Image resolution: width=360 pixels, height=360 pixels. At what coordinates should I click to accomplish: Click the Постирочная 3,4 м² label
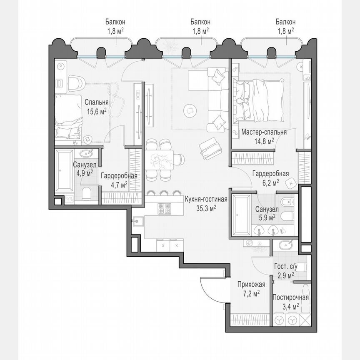tap(290, 302)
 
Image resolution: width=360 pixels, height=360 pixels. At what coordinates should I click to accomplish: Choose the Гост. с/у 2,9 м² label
tap(285, 270)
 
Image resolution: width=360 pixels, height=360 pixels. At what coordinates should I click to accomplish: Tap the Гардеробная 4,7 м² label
tap(119, 180)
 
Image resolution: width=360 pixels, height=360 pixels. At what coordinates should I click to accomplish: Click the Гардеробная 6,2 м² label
tap(270, 178)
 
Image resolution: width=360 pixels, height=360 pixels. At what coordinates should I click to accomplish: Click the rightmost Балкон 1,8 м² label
tap(285, 26)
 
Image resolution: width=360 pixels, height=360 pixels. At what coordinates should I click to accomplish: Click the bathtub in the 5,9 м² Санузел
tap(240, 215)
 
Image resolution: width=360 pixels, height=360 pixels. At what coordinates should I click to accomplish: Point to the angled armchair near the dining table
tap(209, 149)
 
